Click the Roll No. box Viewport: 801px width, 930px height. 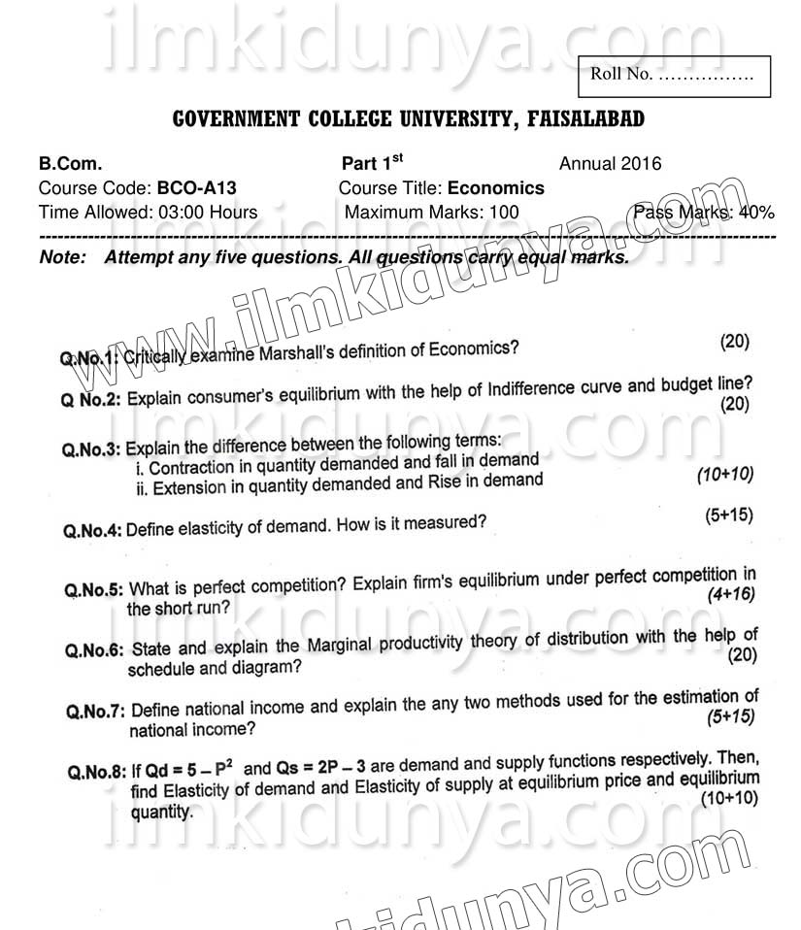click(674, 75)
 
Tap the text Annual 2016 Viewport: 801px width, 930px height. click(610, 163)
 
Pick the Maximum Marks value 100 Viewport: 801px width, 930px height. click(504, 212)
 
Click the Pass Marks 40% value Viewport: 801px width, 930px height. click(755, 212)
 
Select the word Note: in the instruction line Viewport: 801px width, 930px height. click(62, 258)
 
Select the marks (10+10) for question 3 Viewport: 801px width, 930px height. click(724, 474)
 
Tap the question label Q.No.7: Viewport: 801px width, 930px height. click(95, 713)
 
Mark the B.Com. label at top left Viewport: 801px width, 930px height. click(70, 163)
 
